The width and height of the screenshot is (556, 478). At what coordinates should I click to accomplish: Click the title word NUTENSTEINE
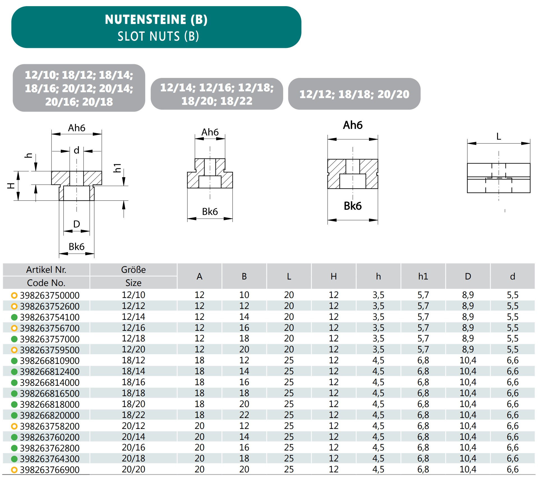[x=145, y=20]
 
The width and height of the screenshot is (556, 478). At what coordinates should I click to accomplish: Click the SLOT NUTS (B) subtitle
[x=158, y=36]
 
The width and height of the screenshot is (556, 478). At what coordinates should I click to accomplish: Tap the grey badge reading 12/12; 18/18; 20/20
[x=354, y=94]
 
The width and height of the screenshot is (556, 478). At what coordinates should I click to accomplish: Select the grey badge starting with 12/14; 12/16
[x=217, y=94]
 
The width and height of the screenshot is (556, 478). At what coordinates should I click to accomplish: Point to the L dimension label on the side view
[x=499, y=137]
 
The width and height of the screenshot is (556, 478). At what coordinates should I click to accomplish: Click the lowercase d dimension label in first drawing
[x=76, y=150]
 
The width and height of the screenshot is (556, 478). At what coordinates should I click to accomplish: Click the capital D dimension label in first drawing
[x=77, y=224]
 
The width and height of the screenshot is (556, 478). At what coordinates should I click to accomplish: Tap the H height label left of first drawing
[x=11, y=186]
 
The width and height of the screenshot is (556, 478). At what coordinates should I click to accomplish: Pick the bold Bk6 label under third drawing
[x=353, y=206]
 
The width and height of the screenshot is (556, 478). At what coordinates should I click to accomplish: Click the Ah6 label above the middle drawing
[x=210, y=132]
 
